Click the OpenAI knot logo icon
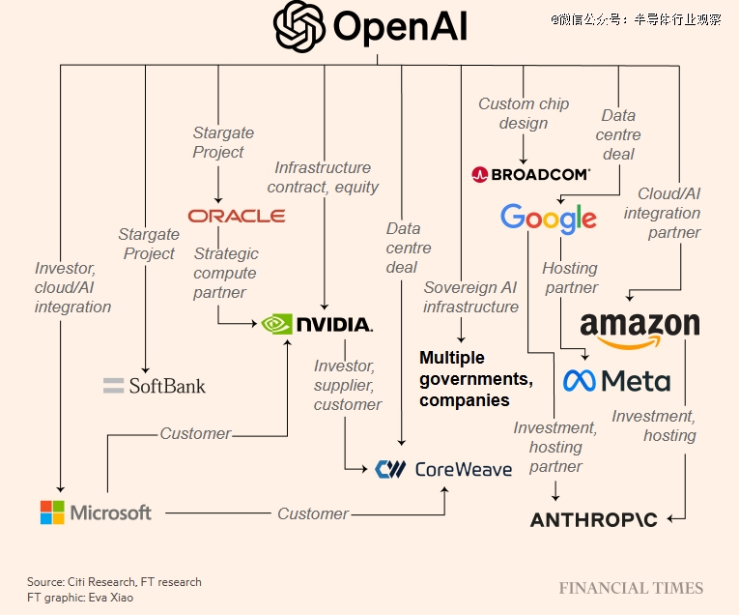click(299, 26)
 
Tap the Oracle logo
click(237, 216)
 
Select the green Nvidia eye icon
click(276, 323)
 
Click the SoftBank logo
click(155, 386)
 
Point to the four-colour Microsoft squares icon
click(52, 512)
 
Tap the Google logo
click(548, 219)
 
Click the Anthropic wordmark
click(593, 519)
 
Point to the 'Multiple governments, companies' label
click(475, 379)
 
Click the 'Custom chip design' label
click(525, 113)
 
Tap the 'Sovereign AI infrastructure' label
click(470, 297)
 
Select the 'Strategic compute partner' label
click(226, 273)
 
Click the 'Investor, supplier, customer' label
click(347, 385)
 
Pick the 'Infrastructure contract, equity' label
click(323, 177)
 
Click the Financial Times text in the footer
click(631, 588)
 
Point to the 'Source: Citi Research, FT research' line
click(114, 582)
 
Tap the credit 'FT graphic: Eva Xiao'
click(80, 597)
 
